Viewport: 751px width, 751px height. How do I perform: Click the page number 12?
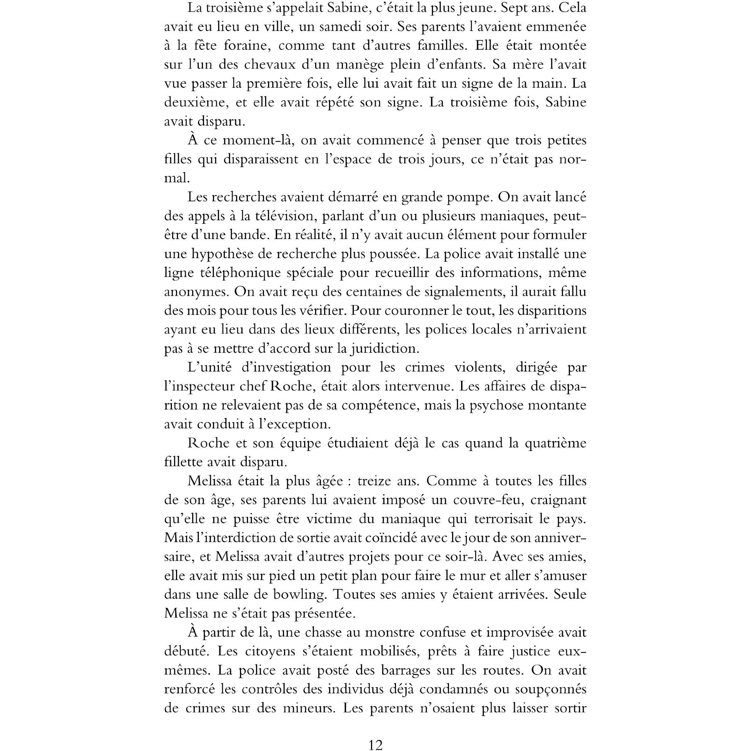point(375,745)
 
